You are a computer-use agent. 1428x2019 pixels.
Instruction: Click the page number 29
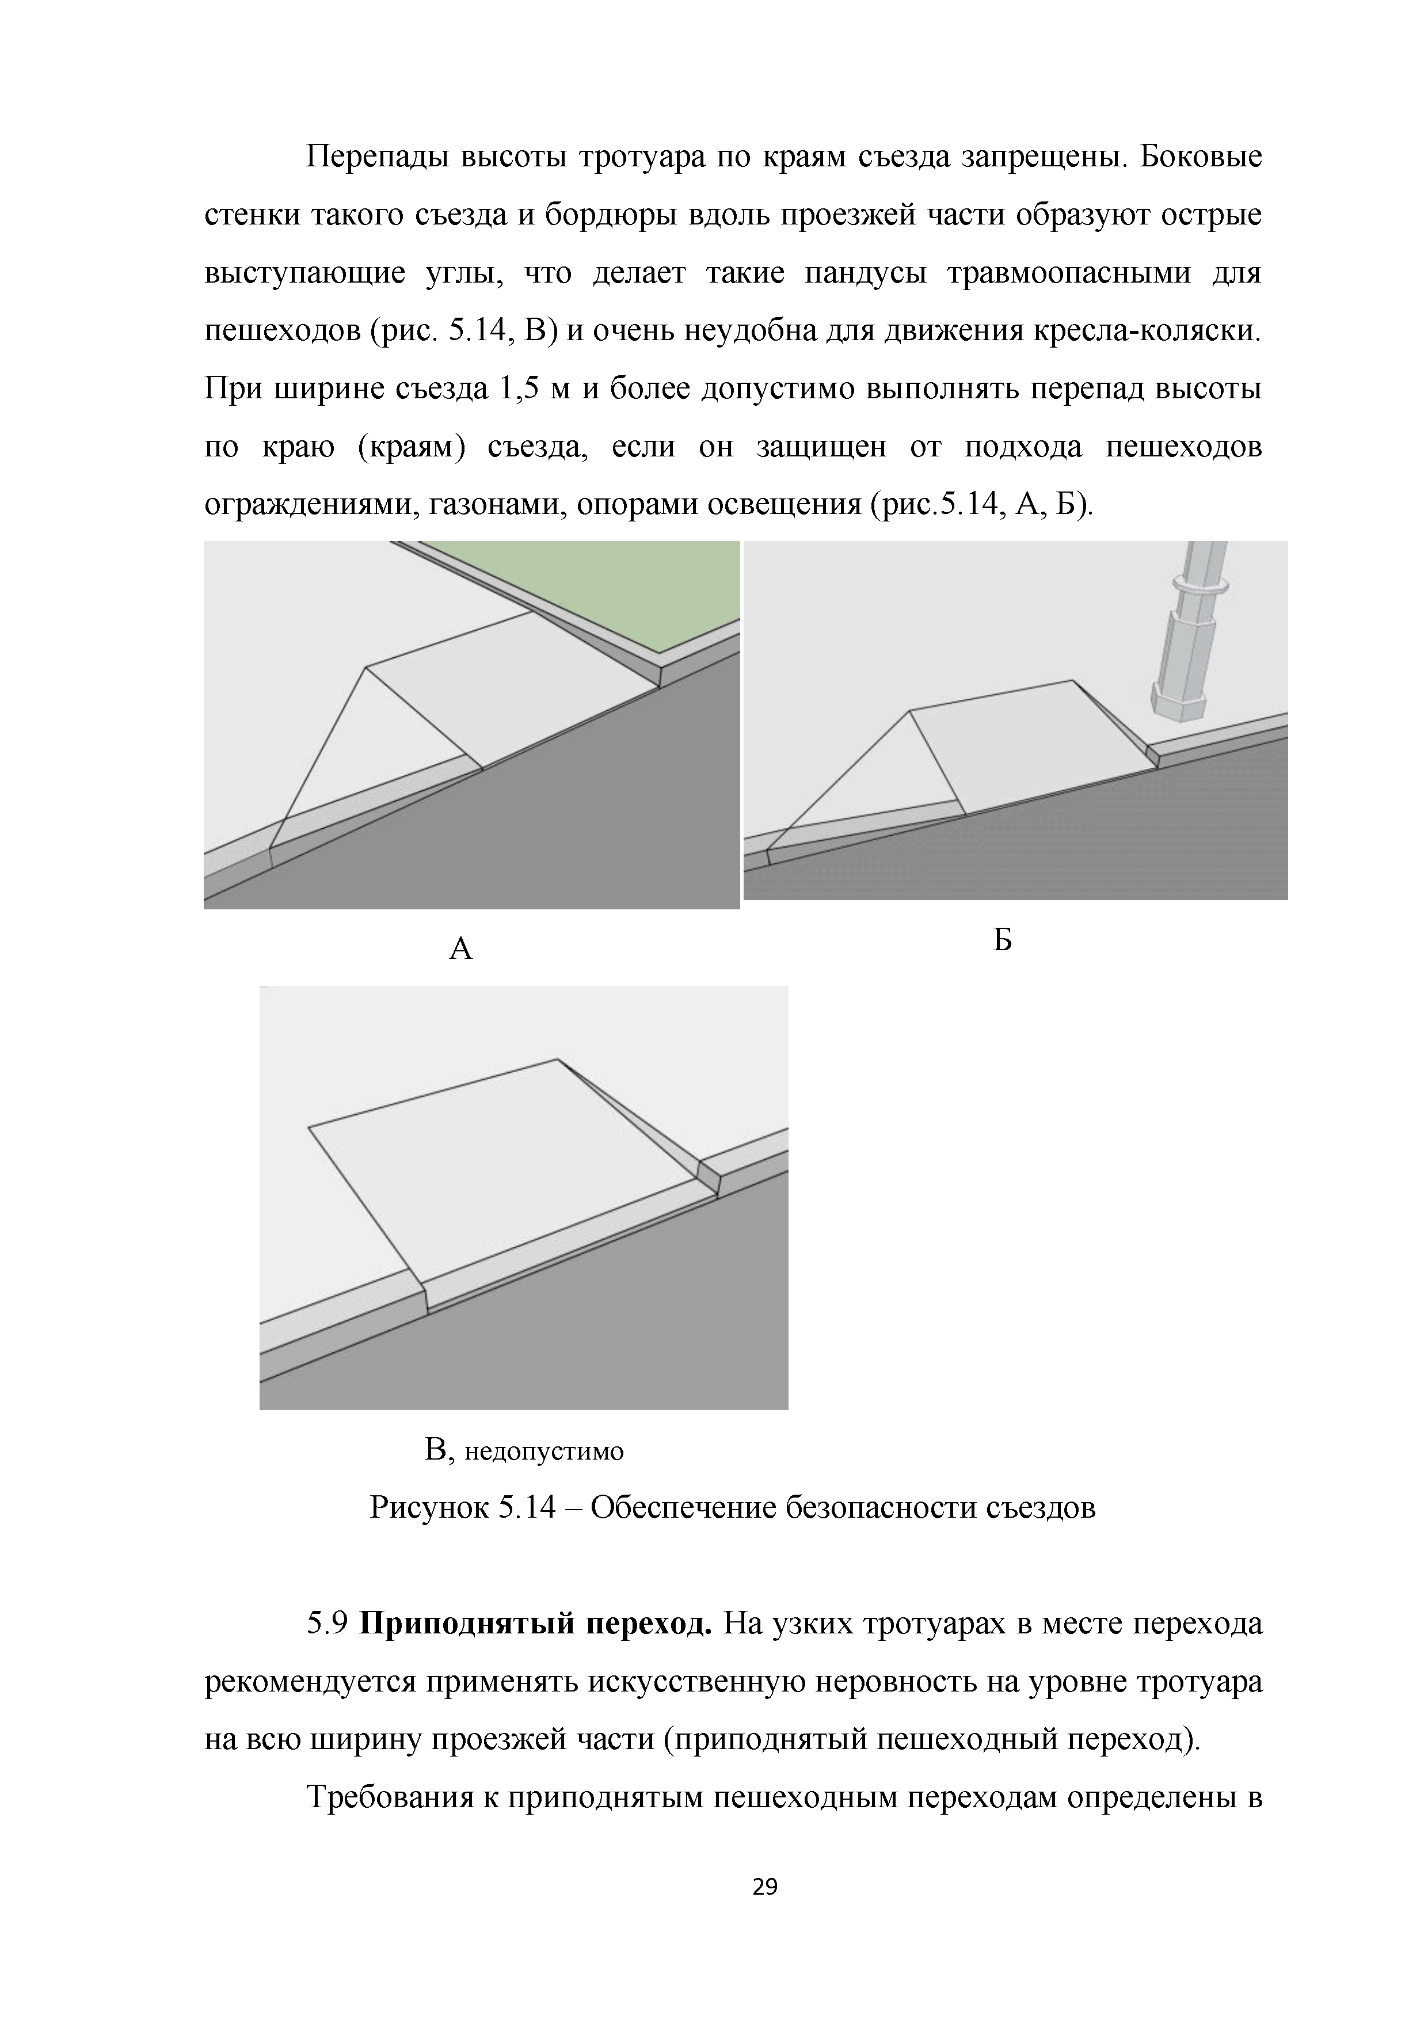(765, 1886)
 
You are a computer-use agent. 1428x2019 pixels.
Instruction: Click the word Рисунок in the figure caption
(429, 1508)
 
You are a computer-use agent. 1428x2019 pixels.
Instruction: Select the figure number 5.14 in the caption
(527, 1508)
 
